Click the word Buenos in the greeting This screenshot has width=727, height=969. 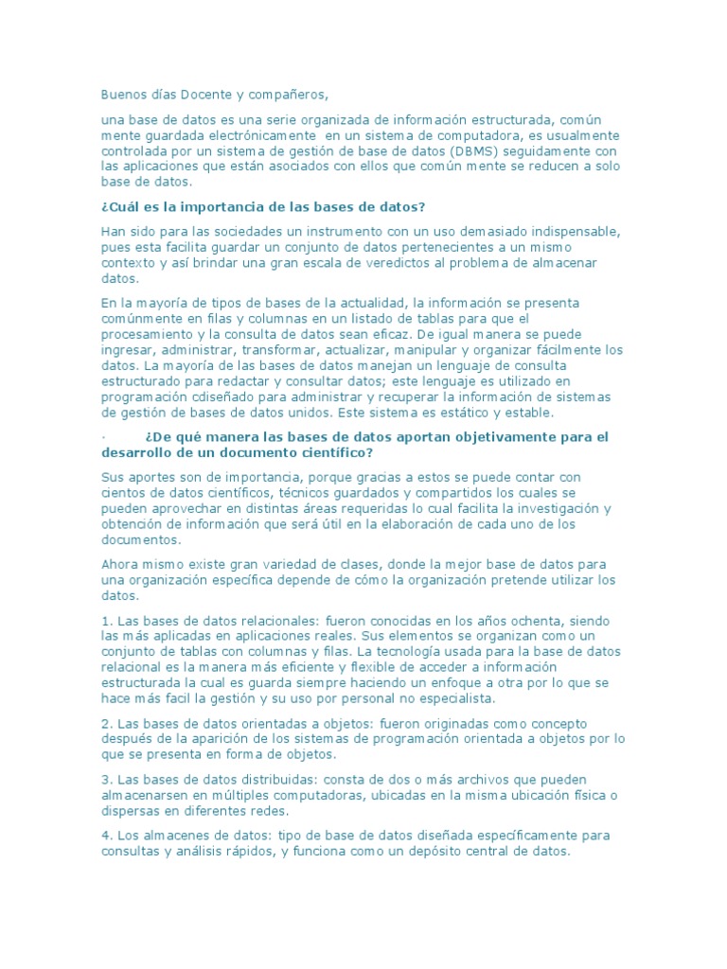[x=123, y=95]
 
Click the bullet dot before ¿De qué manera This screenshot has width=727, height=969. [x=103, y=437]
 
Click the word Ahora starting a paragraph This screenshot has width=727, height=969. [x=121, y=565]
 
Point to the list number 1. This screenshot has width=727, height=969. [x=104, y=621]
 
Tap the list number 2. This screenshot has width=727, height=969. [x=104, y=723]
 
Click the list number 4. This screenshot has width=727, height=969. [x=104, y=837]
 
